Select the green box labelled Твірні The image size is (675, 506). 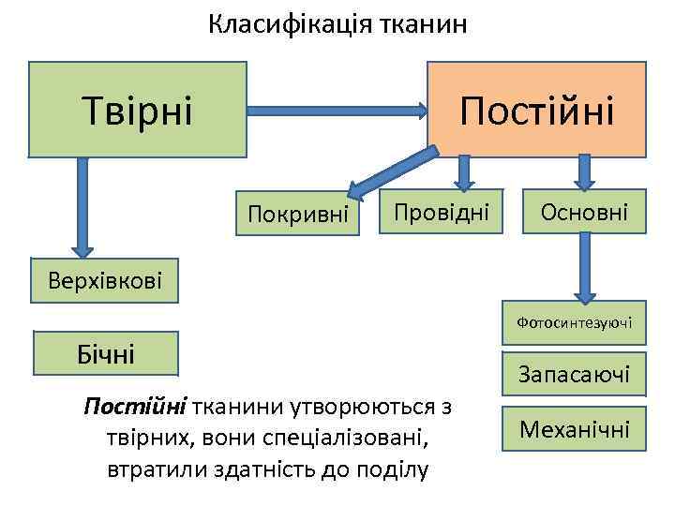[x=138, y=109]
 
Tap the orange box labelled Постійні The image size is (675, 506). [x=536, y=109]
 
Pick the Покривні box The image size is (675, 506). [x=297, y=215]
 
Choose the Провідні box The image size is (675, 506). [x=441, y=213]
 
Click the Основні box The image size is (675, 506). [x=583, y=213]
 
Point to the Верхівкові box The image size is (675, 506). [x=103, y=279]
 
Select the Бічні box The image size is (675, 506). [x=106, y=354]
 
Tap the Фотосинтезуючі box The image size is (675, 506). [x=574, y=323]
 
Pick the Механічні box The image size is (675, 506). [x=574, y=430]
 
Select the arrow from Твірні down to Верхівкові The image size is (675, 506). [x=82, y=205]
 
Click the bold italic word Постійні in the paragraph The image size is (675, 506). [x=135, y=408]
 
